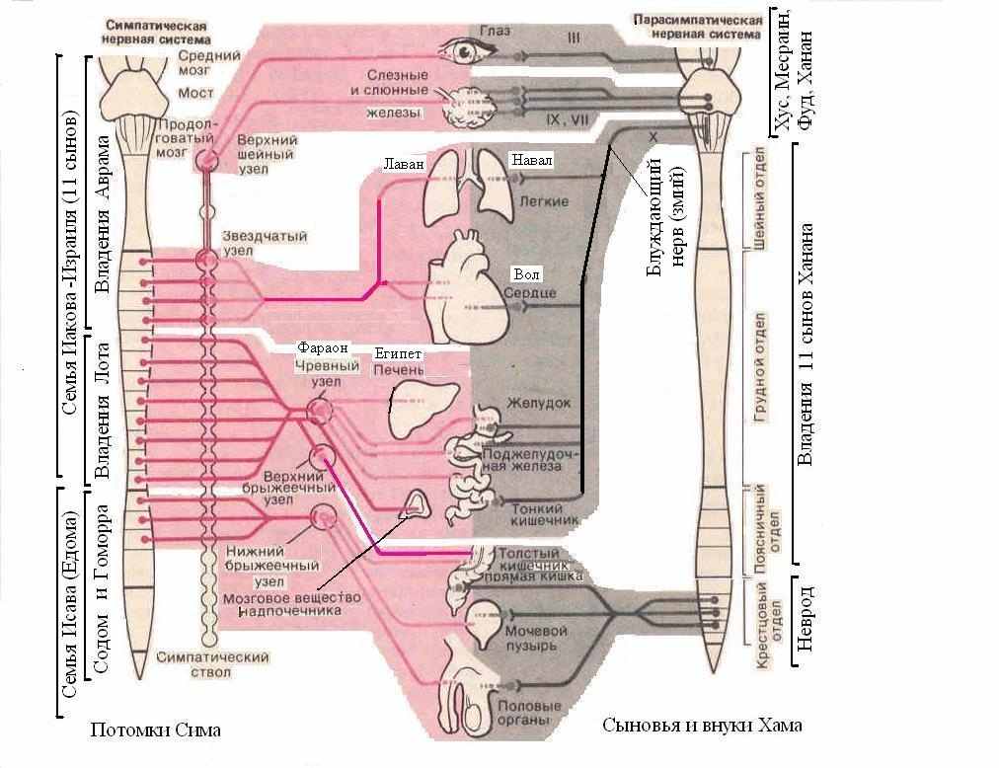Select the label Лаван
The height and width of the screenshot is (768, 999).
coord(404,165)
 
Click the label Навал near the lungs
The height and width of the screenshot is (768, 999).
coord(531,160)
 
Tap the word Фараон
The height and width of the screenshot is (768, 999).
coord(323,348)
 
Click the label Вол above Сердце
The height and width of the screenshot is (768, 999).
coord(527,274)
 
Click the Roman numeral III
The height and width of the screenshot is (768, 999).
coord(574,38)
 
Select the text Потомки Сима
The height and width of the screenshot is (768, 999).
coord(155,730)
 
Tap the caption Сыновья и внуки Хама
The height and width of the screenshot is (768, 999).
coord(702,725)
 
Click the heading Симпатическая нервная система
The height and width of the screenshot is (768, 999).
coord(156,32)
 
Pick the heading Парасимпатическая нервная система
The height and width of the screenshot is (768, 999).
coord(698,28)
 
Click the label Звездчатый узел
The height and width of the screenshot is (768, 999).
coord(264,243)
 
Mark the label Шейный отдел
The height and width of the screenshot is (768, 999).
coord(759,198)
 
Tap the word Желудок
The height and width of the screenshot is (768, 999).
coord(539,403)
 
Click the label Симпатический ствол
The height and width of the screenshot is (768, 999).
coord(212,664)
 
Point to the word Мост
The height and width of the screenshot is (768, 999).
coord(195,93)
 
